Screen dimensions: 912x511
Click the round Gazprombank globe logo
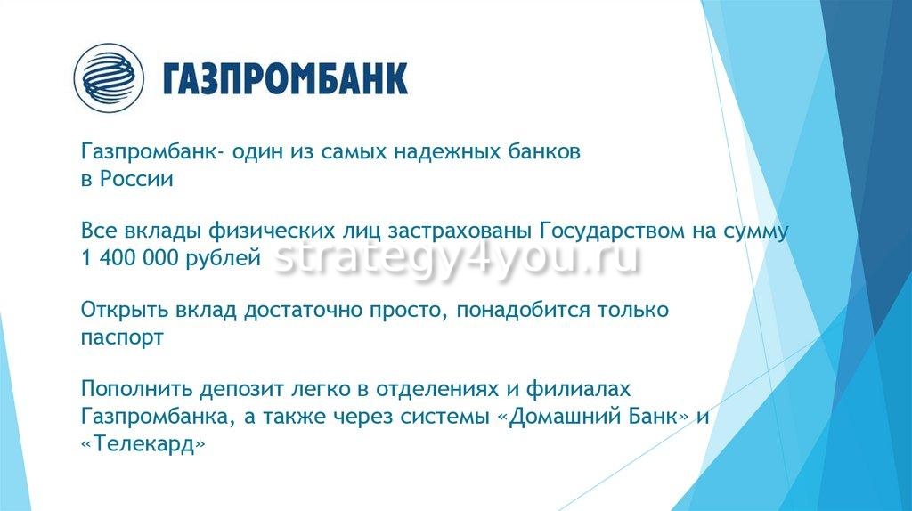[x=109, y=78]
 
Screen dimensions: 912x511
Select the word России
[x=136, y=178]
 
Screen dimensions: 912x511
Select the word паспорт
[x=122, y=338]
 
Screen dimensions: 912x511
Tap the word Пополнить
[x=136, y=389]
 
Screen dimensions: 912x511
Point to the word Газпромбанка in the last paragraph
[x=159, y=417]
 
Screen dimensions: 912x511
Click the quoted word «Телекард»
[x=143, y=445]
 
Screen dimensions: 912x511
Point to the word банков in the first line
[x=544, y=152]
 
